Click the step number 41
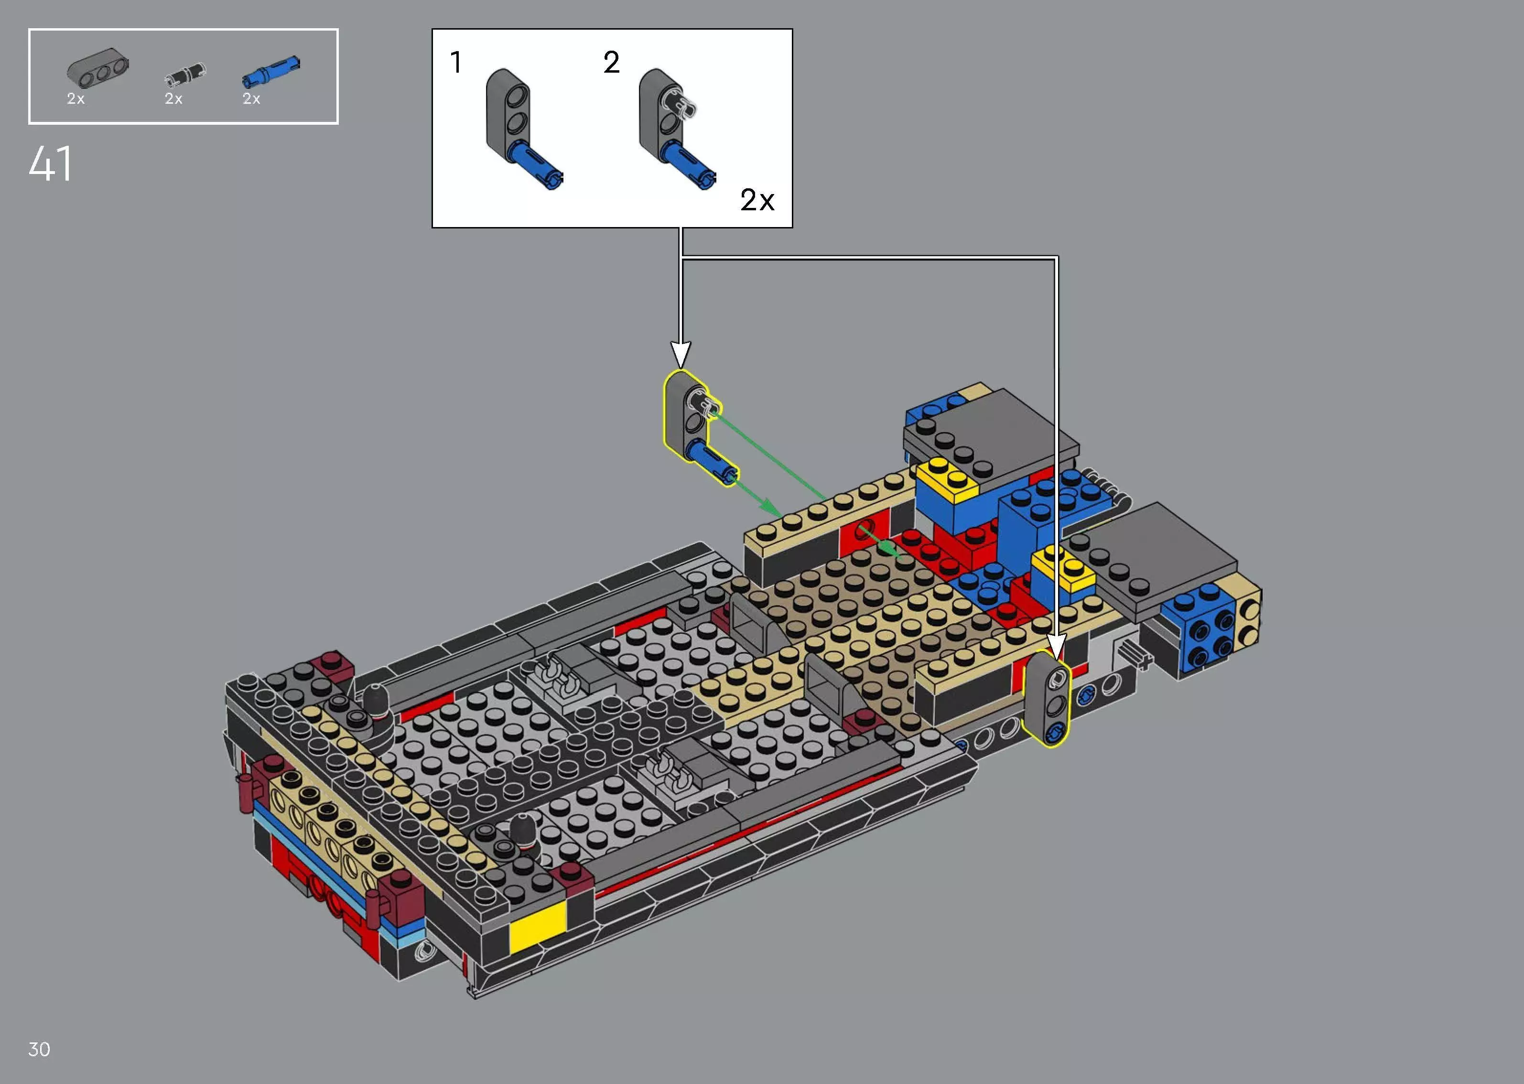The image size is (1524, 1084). click(x=51, y=164)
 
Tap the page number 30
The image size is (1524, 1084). click(x=39, y=1049)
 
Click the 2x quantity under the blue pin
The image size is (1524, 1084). click(x=251, y=99)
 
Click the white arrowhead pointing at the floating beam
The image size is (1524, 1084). click(x=681, y=354)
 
